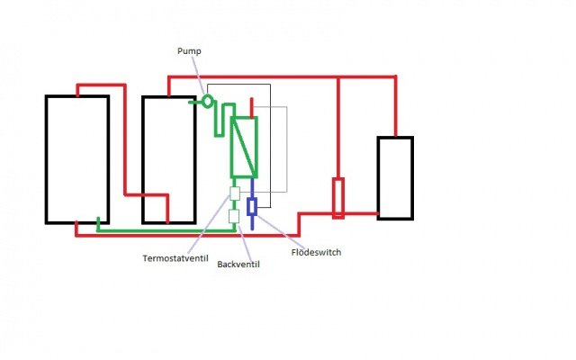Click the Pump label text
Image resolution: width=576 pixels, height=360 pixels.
tap(189, 51)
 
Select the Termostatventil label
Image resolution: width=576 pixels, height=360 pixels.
tap(175, 258)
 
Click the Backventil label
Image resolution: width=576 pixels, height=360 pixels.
tap(238, 264)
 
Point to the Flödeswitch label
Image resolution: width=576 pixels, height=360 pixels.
tap(316, 252)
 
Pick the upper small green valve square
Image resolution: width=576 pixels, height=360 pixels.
tap(234, 193)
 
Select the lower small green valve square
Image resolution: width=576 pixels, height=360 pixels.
tap(234, 216)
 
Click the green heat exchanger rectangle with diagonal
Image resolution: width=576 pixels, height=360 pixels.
tap(231, 147)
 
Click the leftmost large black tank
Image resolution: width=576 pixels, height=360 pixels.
tap(46, 159)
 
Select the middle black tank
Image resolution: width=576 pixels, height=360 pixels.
tap(143, 160)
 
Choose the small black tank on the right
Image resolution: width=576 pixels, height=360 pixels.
tap(378, 178)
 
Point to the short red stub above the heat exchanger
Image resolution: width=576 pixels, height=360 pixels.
tap(252, 107)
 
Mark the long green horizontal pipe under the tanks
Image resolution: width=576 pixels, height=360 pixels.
tap(166, 230)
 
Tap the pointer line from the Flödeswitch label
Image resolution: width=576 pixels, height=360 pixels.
tap(280, 231)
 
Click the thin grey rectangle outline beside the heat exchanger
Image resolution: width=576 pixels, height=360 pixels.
tap(287, 149)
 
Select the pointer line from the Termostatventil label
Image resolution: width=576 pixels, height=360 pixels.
tap(209, 225)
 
